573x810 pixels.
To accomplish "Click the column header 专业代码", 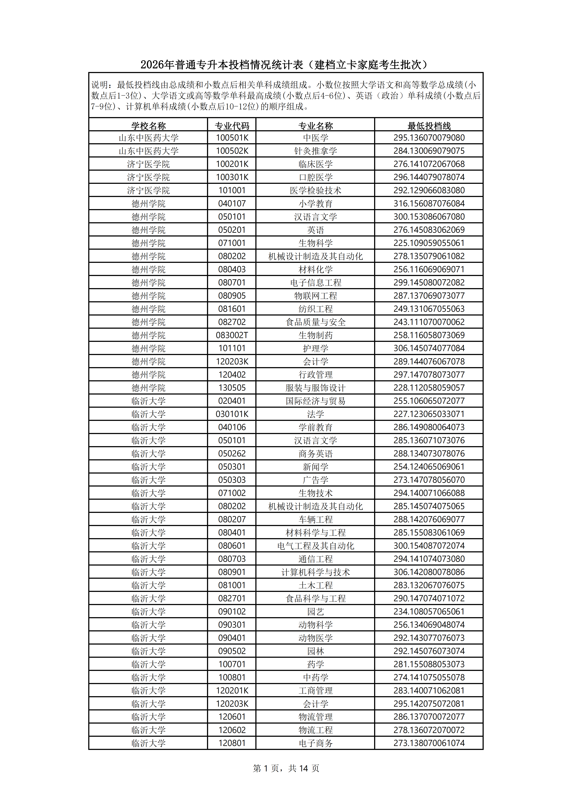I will coord(232,126).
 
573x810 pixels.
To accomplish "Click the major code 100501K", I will coord(232,138).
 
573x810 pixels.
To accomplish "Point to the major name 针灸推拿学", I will coord(315,151).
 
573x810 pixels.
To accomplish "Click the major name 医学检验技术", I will coord(315,191).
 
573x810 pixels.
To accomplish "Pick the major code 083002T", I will coord(232,335).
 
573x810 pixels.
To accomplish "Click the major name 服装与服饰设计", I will coord(315,388).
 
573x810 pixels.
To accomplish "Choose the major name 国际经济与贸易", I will coord(315,401).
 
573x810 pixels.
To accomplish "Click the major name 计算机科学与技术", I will coord(315,572).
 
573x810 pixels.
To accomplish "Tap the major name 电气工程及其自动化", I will coord(315,546).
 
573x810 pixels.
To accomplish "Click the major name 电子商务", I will coord(315,743).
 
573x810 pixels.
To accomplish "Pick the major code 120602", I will coord(232,730).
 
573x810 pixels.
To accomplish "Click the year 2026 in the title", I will coord(152,65).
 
